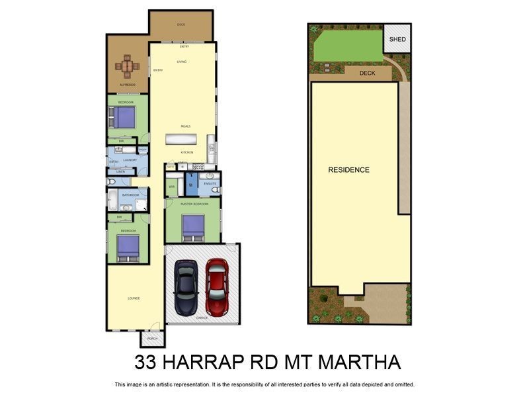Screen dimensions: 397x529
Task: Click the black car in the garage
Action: point(186,287)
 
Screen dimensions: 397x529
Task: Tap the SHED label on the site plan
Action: point(397,40)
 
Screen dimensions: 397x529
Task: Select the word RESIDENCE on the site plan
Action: point(348,170)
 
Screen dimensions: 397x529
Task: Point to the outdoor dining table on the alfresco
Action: point(128,66)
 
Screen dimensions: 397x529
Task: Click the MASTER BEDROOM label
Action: point(194,204)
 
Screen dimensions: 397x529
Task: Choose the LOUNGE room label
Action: point(134,298)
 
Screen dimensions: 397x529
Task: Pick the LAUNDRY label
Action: point(130,161)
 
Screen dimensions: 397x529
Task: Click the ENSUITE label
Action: point(210,183)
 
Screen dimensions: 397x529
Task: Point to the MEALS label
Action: point(186,126)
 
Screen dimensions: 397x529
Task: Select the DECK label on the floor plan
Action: point(181,25)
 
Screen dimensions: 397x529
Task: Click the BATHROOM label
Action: point(130,195)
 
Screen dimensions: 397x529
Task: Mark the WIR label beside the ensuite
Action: point(171,187)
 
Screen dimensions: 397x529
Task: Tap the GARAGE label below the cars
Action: point(202,318)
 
